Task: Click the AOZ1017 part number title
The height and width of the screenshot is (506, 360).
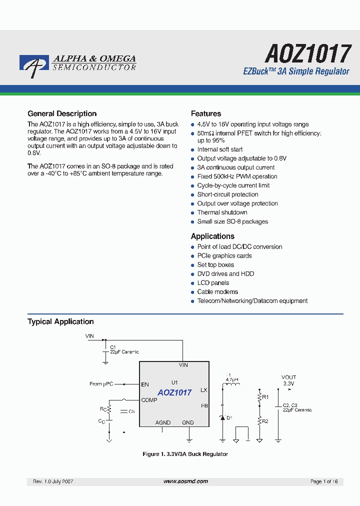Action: tap(308, 53)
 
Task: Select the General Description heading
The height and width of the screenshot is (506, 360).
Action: tap(62, 113)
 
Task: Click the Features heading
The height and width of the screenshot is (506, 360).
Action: tap(206, 113)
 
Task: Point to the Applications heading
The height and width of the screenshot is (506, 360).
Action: tap(212, 236)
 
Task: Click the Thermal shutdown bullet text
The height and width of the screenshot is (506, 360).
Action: tap(222, 212)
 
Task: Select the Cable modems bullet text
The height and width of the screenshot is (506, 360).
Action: tap(217, 292)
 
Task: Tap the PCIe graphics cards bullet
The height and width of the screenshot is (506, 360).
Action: tap(224, 256)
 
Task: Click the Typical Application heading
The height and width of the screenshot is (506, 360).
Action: tap(60, 321)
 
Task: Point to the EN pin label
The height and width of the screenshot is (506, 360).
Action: tap(145, 384)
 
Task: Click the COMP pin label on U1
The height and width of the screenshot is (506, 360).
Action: tap(149, 400)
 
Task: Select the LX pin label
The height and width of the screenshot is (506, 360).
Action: tap(203, 389)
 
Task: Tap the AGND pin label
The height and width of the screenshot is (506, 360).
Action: tap(163, 422)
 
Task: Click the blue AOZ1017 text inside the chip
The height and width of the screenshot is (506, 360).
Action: tap(174, 393)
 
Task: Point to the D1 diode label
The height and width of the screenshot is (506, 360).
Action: tap(229, 417)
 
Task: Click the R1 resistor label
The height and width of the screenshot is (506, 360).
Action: tap(265, 396)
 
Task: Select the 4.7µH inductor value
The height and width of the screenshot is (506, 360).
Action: tap(232, 380)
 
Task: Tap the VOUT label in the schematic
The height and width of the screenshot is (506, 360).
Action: tap(288, 377)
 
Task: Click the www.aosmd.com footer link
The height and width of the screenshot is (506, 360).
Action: tap(185, 481)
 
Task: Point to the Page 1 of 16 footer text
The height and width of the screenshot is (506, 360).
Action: tap(324, 481)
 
